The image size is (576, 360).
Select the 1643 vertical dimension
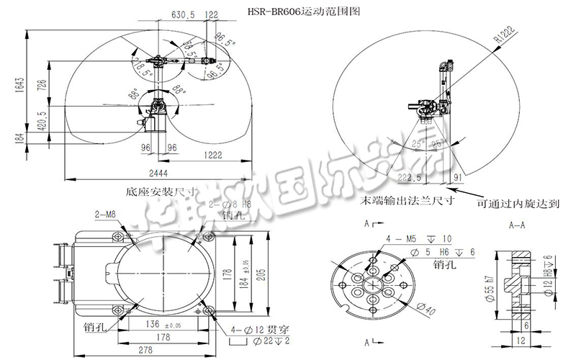[x=22, y=85]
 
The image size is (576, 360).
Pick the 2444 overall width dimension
[x=159, y=174]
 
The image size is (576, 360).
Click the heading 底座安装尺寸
[x=154, y=192]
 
